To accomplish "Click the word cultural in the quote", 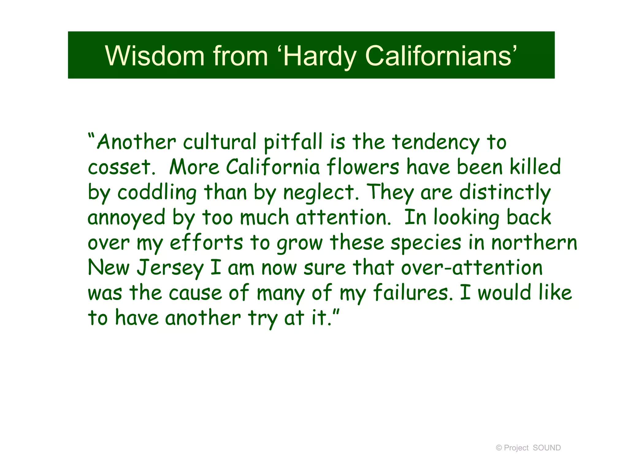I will pos(220,142).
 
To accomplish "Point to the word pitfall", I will pos(293,142).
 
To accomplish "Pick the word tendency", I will pos(436,143).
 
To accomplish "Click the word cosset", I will pos(120,167).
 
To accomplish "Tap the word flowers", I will pos(363,167).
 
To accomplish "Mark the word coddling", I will pos(157,193).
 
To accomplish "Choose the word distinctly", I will pos(505,193).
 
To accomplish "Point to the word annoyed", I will pos(126,218).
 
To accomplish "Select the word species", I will pos(426,243).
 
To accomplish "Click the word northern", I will pos(534,243).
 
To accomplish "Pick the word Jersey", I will pos(170,268).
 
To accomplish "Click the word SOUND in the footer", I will pos(547,448).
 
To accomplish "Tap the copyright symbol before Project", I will pos(499,448).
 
